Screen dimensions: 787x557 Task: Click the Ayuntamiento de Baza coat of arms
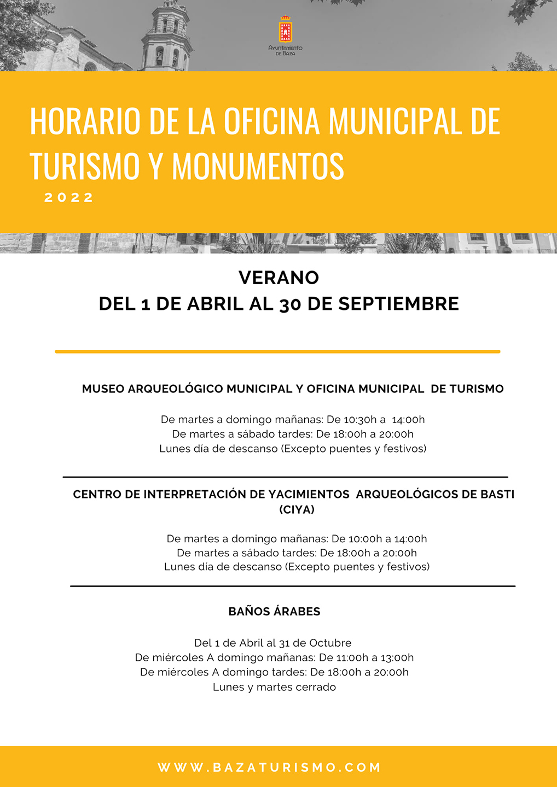tap(285, 31)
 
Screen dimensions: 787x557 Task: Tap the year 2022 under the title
tap(69, 197)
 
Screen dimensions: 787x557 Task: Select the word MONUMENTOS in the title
tap(258, 166)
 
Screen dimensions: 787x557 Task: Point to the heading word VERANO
tap(278, 278)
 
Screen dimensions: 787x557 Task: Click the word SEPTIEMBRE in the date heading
tap(398, 304)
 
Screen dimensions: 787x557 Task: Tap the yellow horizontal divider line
tap(277, 351)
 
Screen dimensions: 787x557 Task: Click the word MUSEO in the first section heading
tap(103, 389)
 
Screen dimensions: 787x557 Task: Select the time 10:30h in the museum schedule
tap(361, 420)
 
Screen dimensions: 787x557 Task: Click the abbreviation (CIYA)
tap(297, 509)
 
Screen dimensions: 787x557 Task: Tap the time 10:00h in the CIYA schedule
tap(365, 539)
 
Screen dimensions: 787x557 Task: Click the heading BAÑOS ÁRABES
tap(274, 612)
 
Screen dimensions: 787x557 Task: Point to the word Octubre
tap(330, 643)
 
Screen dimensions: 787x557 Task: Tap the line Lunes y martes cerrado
tap(274, 687)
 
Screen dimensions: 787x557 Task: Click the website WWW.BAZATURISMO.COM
tap(269, 767)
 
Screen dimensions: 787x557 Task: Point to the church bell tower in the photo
tap(166, 36)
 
